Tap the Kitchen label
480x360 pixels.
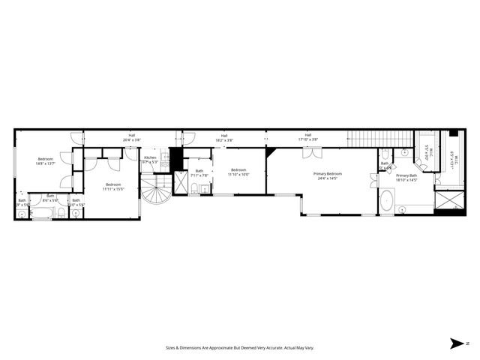[x=150, y=157]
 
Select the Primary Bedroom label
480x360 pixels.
[x=328, y=173]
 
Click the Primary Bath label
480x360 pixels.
[x=407, y=175]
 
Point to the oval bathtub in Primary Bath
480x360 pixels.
[x=386, y=202]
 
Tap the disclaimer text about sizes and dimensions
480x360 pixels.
[x=239, y=348]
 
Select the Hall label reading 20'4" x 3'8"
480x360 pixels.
[x=131, y=137]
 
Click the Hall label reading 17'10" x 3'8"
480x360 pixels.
[x=307, y=137]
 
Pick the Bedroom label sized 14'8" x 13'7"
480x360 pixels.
[x=46, y=160]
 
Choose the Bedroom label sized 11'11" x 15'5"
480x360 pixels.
[x=113, y=185]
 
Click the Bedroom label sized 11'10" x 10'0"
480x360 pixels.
[x=239, y=172]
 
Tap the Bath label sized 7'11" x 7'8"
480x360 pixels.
[x=199, y=172]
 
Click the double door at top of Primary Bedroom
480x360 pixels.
[x=313, y=152]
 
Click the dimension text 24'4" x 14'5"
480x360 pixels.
[x=328, y=178]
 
